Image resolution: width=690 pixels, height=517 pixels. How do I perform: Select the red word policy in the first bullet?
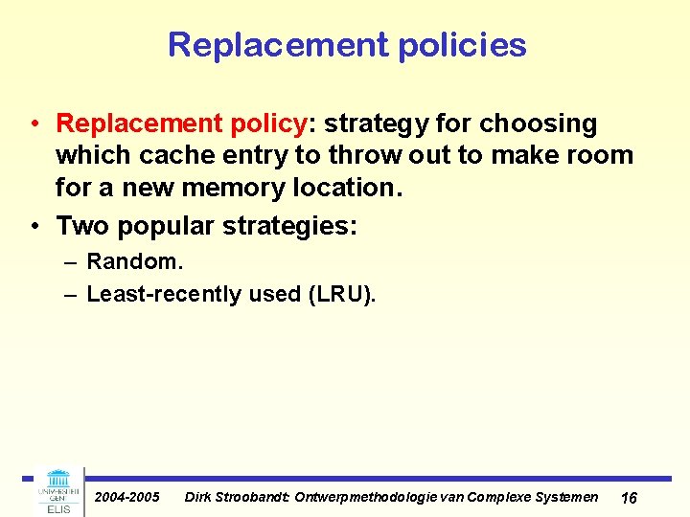(265, 124)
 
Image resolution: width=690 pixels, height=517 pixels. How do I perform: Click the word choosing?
(539, 124)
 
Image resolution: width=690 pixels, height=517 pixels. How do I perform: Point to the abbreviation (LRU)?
(341, 294)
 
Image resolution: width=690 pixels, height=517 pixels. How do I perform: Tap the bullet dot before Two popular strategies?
(35, 226)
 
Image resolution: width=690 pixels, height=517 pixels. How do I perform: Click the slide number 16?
(630, 498)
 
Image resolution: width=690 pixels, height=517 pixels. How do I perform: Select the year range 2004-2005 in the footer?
(127, 497)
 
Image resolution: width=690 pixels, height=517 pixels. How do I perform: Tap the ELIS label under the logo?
(58, 508)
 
